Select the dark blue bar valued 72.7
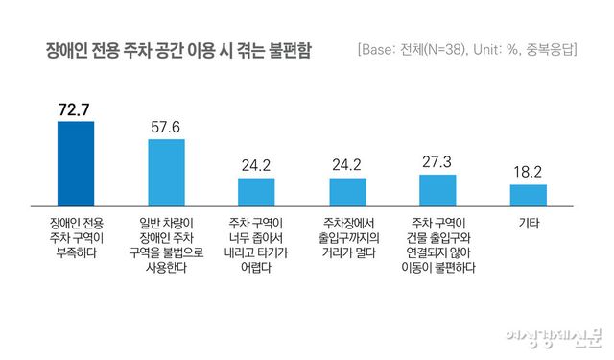click(x=76, y=163)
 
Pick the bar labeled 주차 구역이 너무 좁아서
click(x=256, y=192)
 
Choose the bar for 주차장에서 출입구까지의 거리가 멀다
click(x=347, y=192)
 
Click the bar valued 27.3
click(x=437, y=190)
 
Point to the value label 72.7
click(x=76, y=109)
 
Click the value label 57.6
click(x=165, y=127)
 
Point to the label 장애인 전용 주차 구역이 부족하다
click(x=76, y=237)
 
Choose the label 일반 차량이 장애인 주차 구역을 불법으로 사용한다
click(x=165, y=245)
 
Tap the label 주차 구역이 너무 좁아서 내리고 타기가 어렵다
click(x=256, y=245)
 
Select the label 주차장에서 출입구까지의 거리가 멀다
click(x=347, y=237)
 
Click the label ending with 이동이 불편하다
click(x=437, y=245)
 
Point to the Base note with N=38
click(x=466, y=48)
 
